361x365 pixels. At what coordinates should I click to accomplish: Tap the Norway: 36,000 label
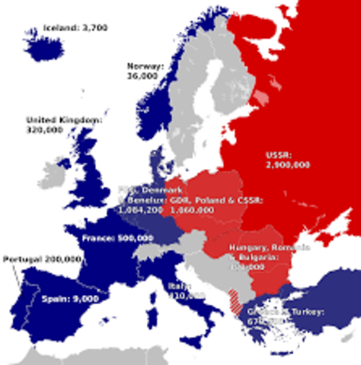tap(143, 71)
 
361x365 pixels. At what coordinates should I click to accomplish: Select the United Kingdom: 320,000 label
tap(63, 125)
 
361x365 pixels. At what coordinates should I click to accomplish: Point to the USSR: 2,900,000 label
tap(288, 158)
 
